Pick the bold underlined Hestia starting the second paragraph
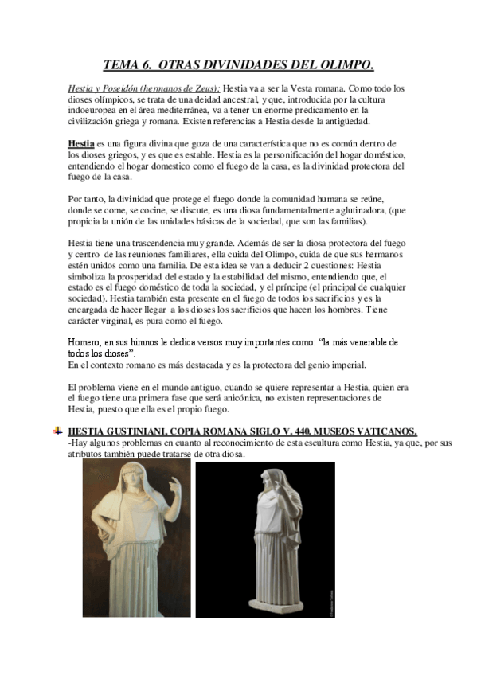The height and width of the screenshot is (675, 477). [x=81, y=144]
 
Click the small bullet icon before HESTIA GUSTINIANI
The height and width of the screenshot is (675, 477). [x=57, y=431]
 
